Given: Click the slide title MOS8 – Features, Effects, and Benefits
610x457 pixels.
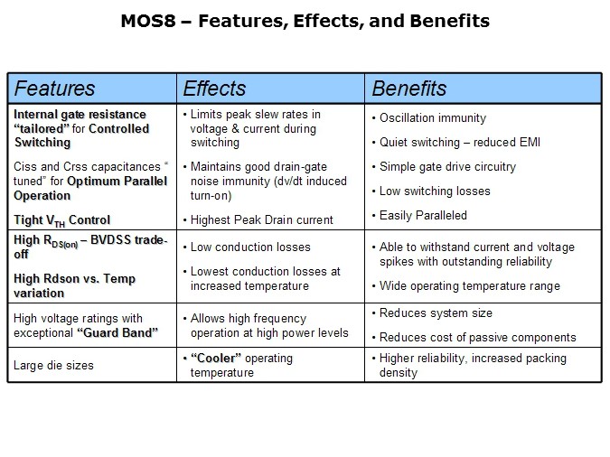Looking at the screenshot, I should click(x=305, y=21).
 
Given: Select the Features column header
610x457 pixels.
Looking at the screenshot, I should click(x=55, y=89).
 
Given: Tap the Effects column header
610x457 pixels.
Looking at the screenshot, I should click(x=214, y=89).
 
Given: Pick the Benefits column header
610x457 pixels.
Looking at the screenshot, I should click(x=409, y=89).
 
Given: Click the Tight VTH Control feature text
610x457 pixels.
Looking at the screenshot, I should click(x=61, y=219).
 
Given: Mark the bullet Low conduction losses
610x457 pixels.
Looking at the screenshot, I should click(x=250, y=247).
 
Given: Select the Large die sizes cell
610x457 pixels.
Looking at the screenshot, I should click(x=52, y=365).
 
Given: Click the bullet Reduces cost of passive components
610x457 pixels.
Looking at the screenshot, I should click(x=478, y=337).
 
